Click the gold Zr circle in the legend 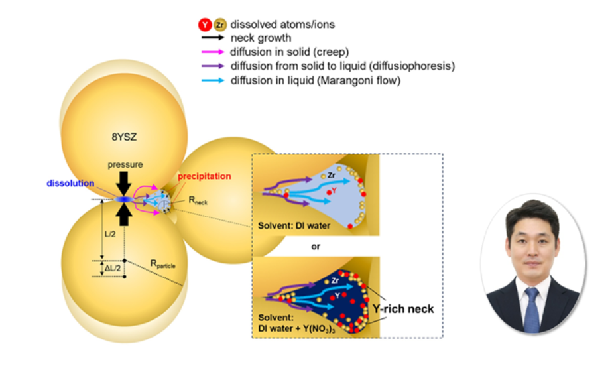219,25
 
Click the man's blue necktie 531,311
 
